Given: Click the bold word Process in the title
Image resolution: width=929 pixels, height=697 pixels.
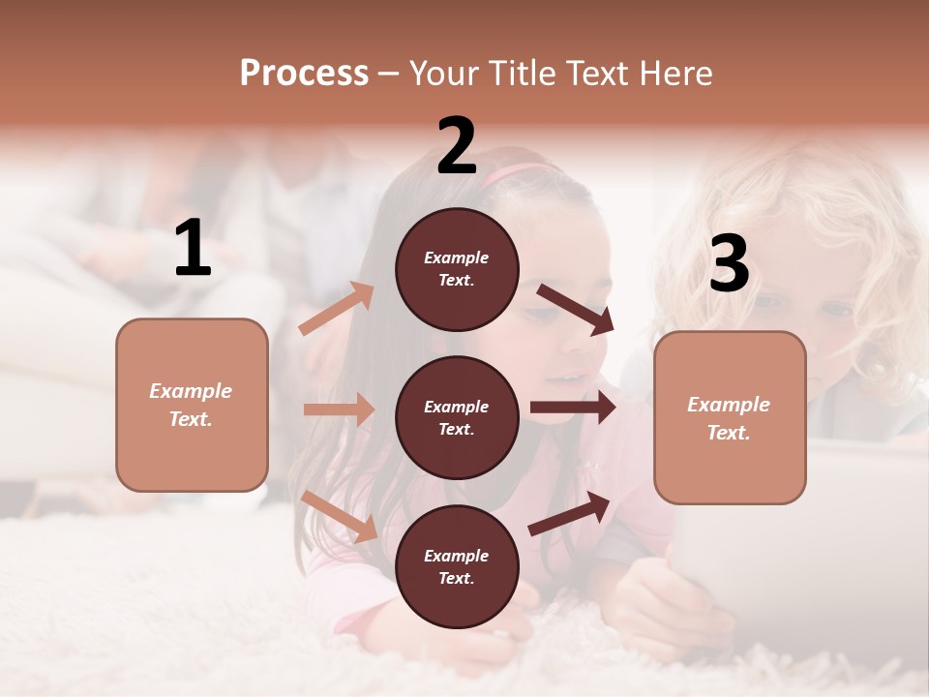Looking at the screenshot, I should (304, 73).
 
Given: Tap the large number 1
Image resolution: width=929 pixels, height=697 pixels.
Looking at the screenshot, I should (193, 249).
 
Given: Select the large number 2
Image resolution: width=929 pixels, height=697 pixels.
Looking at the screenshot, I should (457, 146).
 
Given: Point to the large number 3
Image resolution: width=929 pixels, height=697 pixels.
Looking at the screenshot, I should (729, 264).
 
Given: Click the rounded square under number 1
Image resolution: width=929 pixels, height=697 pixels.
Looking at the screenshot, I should (192, 405).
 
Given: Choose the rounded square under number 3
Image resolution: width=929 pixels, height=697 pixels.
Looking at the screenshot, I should (730, 417).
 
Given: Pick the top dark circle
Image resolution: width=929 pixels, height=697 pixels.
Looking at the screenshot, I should (457, 269).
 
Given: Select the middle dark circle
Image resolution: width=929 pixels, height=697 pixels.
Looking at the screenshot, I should (457, 417).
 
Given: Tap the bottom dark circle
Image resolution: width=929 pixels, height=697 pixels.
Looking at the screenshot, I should (457, 566).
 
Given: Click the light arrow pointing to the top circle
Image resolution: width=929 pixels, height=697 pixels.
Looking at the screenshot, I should (337, 309).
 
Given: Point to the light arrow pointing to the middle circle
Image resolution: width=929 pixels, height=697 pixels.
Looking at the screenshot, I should (339, 409).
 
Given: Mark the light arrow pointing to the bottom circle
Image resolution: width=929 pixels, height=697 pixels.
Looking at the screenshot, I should (340, 516).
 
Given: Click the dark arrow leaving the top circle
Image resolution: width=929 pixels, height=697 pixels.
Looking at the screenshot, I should (575, 309).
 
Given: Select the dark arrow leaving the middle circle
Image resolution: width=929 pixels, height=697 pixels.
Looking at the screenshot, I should (572, 408).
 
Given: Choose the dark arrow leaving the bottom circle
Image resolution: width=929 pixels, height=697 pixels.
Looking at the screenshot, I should (569, 514).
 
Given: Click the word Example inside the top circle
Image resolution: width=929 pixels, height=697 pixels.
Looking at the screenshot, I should (457, 258).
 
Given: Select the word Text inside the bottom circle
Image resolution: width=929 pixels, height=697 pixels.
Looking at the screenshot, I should (455, 578).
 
